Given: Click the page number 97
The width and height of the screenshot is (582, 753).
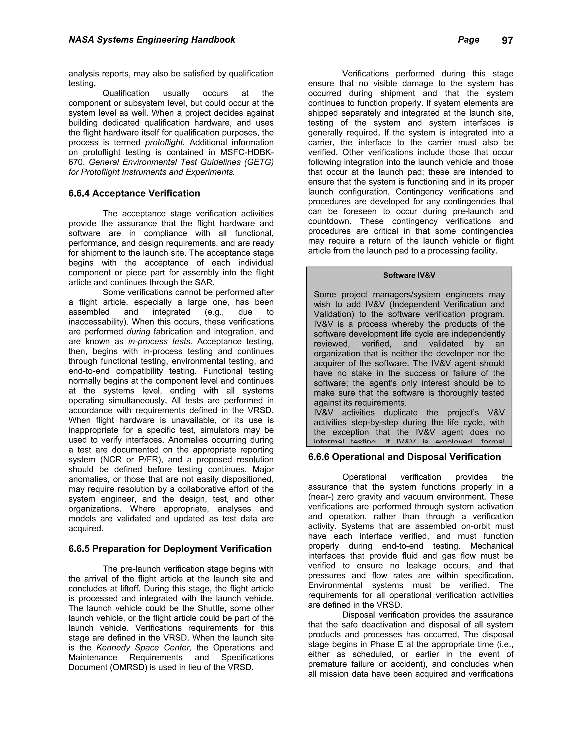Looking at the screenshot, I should tap(507, 41).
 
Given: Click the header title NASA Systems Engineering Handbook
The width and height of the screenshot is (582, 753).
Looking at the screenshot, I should tap(152, 40).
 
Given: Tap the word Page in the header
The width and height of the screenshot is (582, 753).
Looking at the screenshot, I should tap(468, 40).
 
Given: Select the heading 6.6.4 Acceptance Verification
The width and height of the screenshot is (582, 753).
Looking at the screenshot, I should tap(134, 194).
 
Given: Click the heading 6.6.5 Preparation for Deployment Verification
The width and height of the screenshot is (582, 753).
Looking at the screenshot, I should tap(170, 549).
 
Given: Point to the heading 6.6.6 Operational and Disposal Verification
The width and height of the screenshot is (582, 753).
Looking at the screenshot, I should tap(404, 457).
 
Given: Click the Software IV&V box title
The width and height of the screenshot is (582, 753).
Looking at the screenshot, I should tap(409, 275).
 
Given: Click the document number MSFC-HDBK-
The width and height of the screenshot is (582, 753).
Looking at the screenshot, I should tap(247, 152).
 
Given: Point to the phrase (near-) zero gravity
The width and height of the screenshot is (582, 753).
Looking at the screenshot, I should tap(346, 497).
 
